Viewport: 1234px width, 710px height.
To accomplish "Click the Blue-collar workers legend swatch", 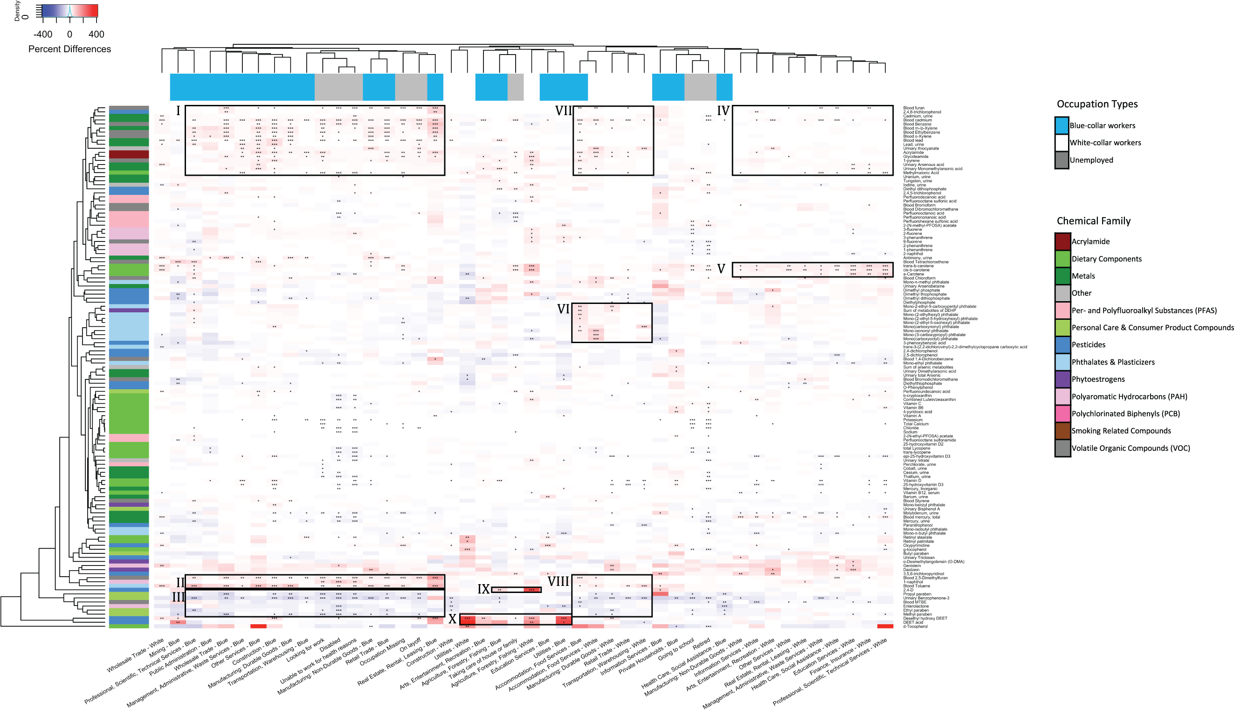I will click(x=1062, y=125).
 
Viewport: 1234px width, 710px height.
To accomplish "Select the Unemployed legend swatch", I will click(x=1062, y=160).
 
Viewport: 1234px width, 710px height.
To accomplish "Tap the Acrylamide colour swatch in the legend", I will click(x=1062, y=241).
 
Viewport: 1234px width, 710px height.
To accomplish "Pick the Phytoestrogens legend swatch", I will click(x=1062, y=379).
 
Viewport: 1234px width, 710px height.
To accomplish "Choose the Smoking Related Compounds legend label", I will click(x=1120, y=431).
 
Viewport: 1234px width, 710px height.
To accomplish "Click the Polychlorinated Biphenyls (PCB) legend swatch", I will click(x=1062, y=414).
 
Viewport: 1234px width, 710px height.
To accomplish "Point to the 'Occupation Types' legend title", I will click(x=1096, y=104).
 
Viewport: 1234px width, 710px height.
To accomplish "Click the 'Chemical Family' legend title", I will click(x=1093, y=221).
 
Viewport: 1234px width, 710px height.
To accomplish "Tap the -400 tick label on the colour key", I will click(x=43, y=34).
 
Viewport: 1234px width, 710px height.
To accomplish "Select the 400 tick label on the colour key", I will click(x=97, y=34).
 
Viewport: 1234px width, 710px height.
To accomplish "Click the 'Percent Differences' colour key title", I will click(x=69, y=49).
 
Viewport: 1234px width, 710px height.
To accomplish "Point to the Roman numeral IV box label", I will click(x=723, y=110).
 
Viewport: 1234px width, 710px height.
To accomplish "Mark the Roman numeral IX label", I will click(x=483, y=589).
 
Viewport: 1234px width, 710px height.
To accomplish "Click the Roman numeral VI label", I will click(x=563, y=309).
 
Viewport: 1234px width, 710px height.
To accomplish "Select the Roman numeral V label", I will click(x=721, y=269).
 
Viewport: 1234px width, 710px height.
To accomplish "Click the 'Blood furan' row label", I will click(x=913, y=108).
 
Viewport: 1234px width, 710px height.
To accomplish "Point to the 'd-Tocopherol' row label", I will click(x=916, y=626).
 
